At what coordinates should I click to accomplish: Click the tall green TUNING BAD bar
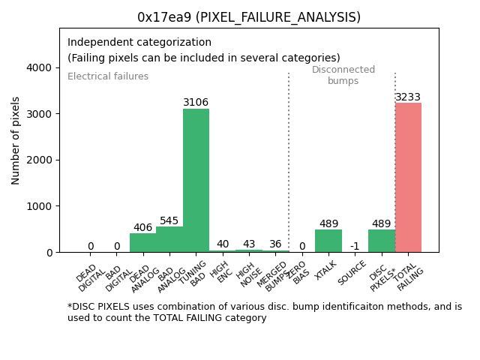pyautogui.click(x=196, y=180)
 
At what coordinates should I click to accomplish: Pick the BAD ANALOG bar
pyautogui.click(x=169, y=239)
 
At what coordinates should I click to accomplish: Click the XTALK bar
pyautogui.click(x=328, y=241)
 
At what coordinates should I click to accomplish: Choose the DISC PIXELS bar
pyautogui.click(x=382, y=241)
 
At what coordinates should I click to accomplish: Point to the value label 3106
pyautogui.click(x=196, y=103)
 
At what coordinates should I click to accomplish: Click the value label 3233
pyautogui.click(x=408, y=97)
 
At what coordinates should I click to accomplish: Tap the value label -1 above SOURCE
pyautogui.click(x=355, y=246)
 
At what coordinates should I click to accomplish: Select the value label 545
pyautogui.click(x=169, y=221)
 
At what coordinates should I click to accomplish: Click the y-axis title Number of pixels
pyautogui.click(x=16, y=140)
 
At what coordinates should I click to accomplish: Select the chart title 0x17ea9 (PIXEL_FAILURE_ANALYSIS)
pyautogui.click(x=249, y=17)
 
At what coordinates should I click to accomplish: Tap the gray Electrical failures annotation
pyautogui.click(x=108, y=76)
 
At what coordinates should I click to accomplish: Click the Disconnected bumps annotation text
pyautogui.click(x=343, y=75)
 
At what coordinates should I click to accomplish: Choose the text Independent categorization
pyautogui.click(x=139, y=43)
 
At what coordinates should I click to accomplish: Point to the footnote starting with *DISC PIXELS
pyautogui.click(x=264, y=312)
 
